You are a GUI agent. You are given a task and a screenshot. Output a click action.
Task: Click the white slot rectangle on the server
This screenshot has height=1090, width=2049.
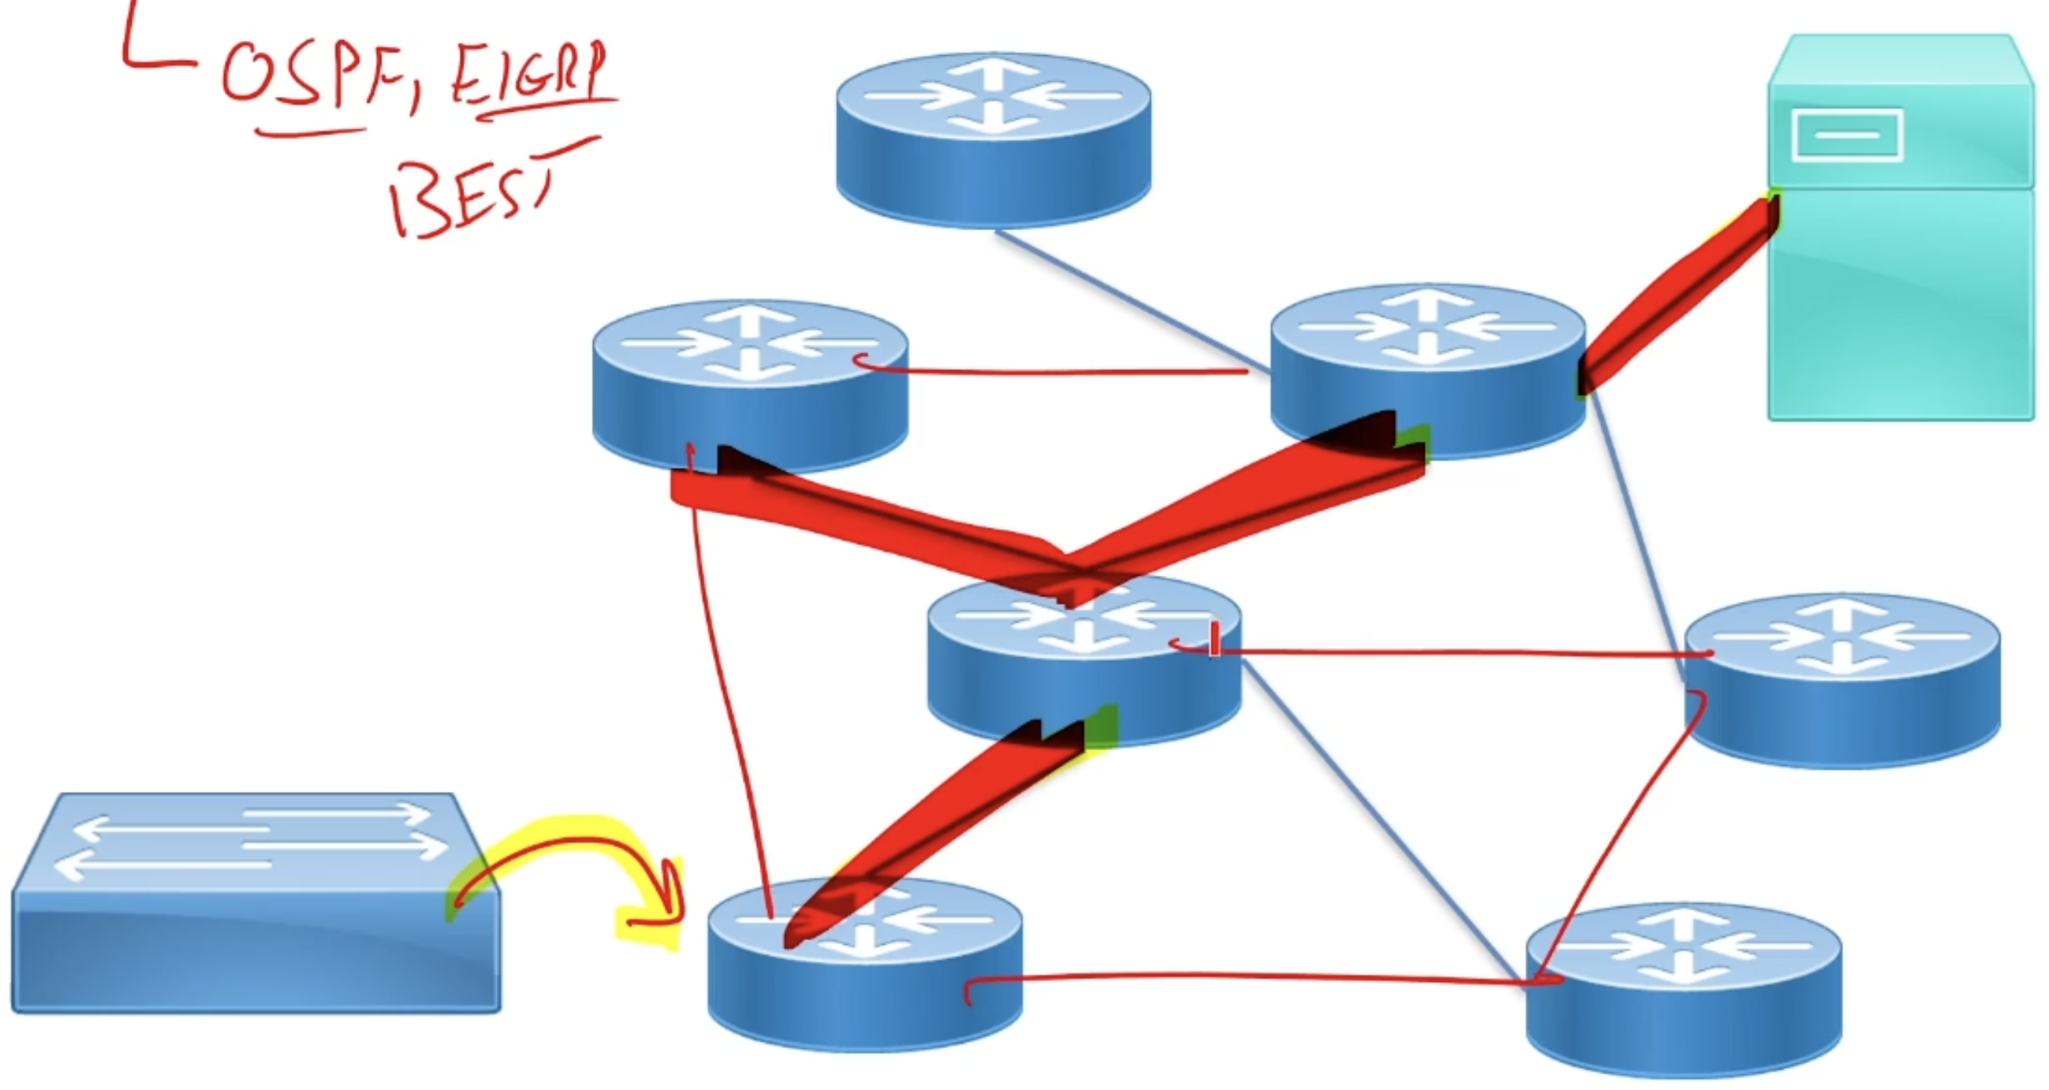coord(1847,135)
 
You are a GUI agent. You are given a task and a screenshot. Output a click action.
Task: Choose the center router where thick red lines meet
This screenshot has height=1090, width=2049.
coord(1084,668)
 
